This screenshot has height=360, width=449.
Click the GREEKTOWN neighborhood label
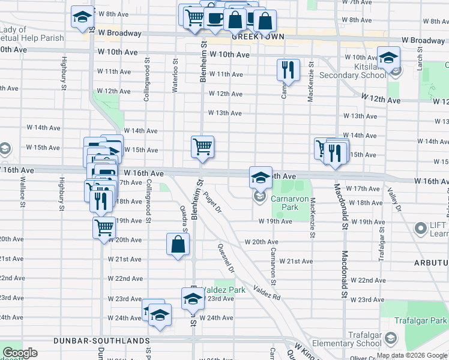coord(258,37)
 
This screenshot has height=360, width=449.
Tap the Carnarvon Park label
coord(285,202)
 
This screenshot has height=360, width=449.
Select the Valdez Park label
coord(223,290)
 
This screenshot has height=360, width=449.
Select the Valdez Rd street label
coord(267,292)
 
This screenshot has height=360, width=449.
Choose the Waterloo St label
coord(175,75)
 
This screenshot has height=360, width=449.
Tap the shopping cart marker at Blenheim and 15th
coord(203,146)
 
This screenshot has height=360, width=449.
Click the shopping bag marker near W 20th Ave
coord(178,244)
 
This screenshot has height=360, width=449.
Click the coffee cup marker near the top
coord(214,17)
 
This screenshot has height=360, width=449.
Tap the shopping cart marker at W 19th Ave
coord(104,227)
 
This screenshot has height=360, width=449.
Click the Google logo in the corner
coord(20,353)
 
